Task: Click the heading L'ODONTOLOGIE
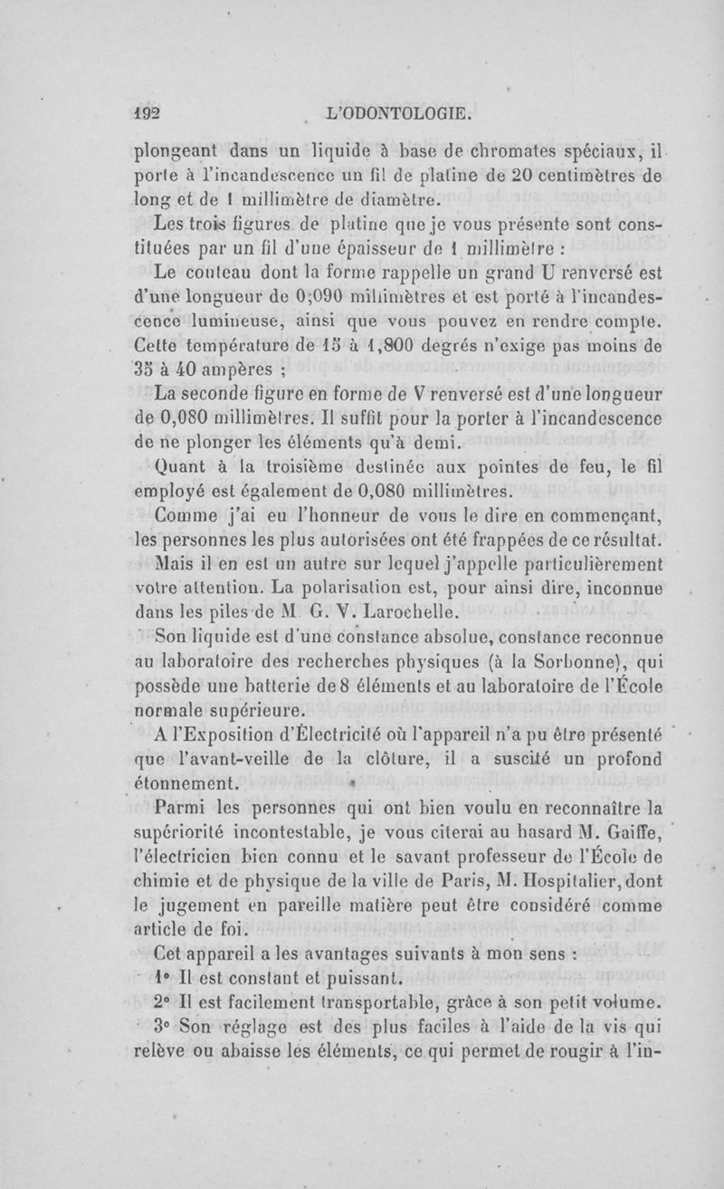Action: pyautogui.click(x=399, y=113)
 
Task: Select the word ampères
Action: pyautogui.click(x=229, y=369)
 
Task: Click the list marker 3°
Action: pyautogui.click(x=163, y=1027)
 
